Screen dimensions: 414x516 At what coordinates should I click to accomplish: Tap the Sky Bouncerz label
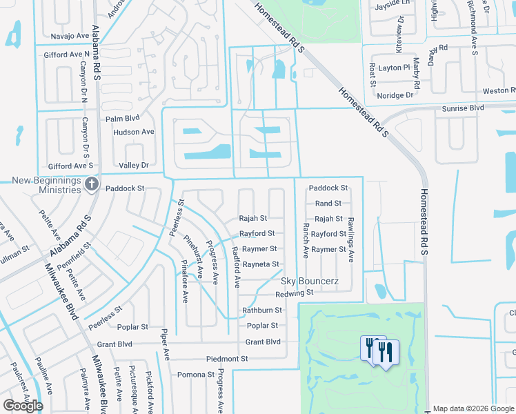[310, 282]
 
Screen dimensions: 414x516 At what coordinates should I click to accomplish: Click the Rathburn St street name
[262, 310]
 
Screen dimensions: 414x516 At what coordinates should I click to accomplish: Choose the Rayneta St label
[261, 264]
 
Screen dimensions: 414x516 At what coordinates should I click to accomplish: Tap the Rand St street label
[328, 204]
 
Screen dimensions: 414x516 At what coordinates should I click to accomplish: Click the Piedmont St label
[227, 359]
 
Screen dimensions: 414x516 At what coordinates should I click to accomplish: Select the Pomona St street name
[196, 375]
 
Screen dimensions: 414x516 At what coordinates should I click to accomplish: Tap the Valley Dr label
[134, 166]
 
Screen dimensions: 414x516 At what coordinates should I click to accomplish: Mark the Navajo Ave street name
[71, 36]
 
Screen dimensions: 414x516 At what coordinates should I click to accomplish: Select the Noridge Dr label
[395, 95]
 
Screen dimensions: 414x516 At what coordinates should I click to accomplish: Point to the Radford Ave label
[236, 266]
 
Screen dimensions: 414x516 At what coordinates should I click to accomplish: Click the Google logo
[23, 406]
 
